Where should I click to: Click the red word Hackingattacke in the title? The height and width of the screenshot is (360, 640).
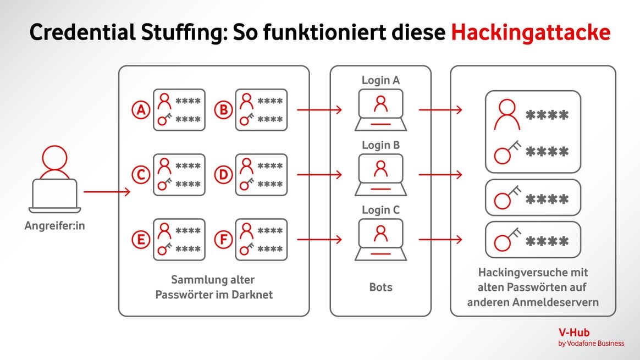(531, 32)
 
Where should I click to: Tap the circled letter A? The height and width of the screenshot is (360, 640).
(141, 110)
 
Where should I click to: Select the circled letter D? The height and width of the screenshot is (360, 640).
(223, 175)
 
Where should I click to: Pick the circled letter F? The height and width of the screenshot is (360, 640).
(223, 240)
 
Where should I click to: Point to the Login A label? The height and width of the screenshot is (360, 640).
(380, 80)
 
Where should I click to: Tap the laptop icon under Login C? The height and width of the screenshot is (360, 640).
(380, 240)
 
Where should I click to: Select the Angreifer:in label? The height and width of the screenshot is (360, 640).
(54, 225)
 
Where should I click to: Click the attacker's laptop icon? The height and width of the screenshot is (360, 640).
(54, 196)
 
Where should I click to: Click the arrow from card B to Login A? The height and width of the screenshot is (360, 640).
(319, 110)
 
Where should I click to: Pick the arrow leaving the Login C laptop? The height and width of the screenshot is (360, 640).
(440, 240)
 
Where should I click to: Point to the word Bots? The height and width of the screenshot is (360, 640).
(380, 287)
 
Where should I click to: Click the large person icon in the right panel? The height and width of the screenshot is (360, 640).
(506, 114)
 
